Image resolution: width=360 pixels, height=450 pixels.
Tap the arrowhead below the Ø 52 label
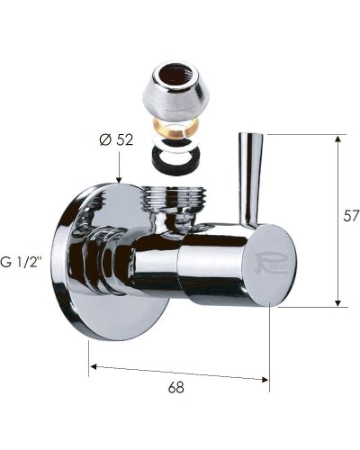pos(119,180)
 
